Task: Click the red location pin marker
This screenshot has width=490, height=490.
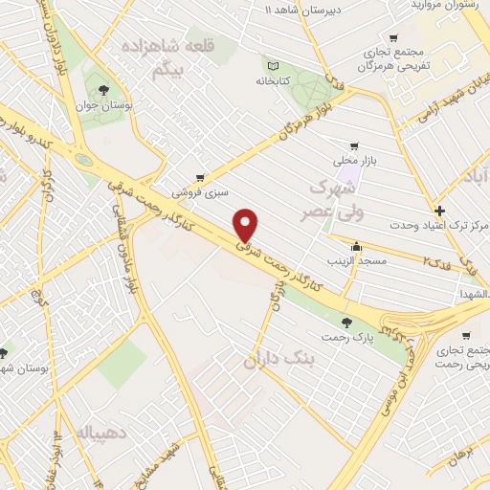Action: point(246,225)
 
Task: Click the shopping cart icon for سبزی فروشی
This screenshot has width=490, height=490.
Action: point(199,177)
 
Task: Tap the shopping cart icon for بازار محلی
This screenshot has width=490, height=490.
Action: point(354,146)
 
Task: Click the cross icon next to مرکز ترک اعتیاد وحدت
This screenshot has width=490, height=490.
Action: point(439,211)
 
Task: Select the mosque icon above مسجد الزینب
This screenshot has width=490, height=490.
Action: point(357,246)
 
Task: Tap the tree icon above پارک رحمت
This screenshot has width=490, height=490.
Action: point(345,323)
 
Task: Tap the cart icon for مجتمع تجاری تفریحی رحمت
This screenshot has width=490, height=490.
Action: point(466,336)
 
